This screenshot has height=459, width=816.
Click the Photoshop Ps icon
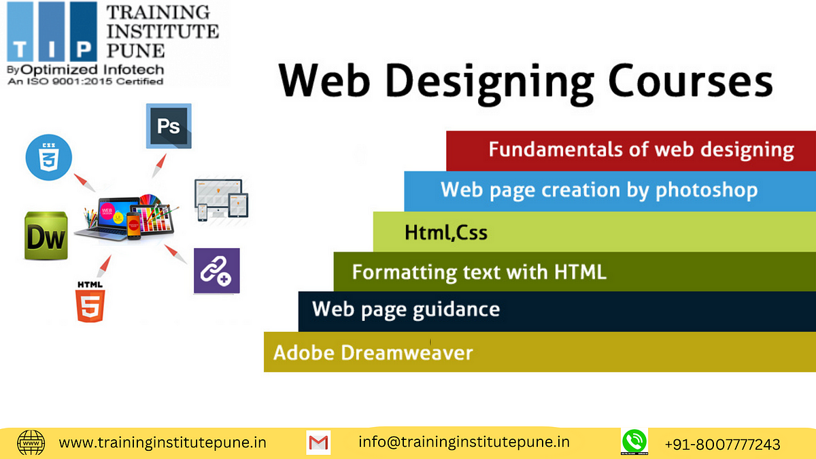(x=169, y=126)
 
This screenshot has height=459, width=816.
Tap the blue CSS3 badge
(x=49, y=157)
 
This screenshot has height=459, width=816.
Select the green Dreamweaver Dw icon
(x=46, y=235)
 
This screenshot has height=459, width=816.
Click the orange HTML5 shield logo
(x=90, y=302)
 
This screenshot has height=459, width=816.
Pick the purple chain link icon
(x=217, y=271)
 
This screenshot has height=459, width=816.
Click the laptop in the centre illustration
(x=105, y=218)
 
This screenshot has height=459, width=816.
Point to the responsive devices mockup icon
(x=222, y=200)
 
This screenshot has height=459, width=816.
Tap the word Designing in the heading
(x=489, y=84)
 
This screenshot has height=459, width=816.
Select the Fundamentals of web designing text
(x=641, y=150)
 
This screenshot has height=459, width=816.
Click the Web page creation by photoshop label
(x=599, y=190)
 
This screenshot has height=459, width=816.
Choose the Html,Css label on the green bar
(x=446, y=233)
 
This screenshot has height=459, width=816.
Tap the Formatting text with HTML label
(x=479, y=273)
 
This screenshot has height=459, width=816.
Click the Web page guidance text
(x=406, y=310)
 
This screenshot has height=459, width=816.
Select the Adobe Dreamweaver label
(x=373, y=353)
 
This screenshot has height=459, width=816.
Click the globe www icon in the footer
(x=31, y=443)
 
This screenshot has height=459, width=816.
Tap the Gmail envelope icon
(x=318, y=443)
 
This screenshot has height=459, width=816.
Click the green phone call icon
(x=634, y=442)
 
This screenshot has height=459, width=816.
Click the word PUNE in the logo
(x=135, y=50)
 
